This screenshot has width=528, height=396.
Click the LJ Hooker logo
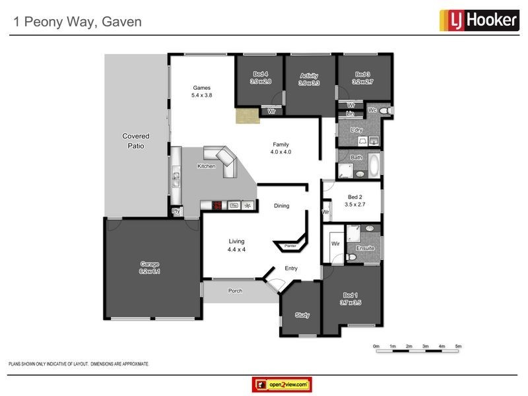(x=478, y=20)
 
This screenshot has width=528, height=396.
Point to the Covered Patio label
(x=135, y=141)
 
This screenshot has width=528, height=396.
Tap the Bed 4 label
(x=260, y=75)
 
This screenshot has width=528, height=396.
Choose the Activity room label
(x=309, y=75)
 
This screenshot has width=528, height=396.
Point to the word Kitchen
(x=206, y=166)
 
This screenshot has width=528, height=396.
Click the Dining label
(x=282, y=206)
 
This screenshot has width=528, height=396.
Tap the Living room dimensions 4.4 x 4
(x=236, y=250)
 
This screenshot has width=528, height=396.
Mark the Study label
(x=302, y=315)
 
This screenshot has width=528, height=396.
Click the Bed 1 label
(x=351, y=295)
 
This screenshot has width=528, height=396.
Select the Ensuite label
(x=365, y=248)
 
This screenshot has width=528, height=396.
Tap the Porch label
(x=234, y=290)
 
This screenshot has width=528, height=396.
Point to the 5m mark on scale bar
(x=458, y=346)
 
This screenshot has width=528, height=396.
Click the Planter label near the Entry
(x=290, y=246)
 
